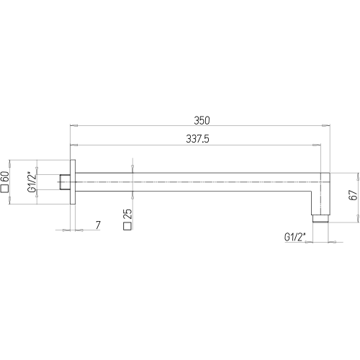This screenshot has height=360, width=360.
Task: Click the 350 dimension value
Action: pyautogui.click(x=202, y=120)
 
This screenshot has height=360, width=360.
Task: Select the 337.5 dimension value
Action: pyautogui.click(x=197, y=139)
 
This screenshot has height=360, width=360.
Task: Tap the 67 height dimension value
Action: pyautogui.click(x=353, y=195)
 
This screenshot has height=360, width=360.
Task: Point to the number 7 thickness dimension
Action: pyautogui.click(x=98, y=225)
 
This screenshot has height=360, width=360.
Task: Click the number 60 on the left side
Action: pyautogui.click(x=5, y=177)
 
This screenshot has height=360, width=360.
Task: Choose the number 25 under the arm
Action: pyautogui.click(x=127, y=214)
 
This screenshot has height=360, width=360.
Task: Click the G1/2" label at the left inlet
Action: pyautogui.click(x=32, y=181)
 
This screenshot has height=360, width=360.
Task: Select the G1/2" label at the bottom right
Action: pyautogui.click(x=294, y=237)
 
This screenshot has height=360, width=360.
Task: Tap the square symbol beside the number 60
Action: pyautogui.click(x=5, y=189)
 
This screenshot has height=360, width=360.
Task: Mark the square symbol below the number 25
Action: pyautogui.click(x=127, y=226)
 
